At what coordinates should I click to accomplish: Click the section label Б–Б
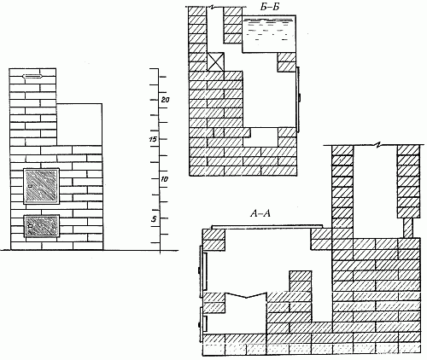(270, 7)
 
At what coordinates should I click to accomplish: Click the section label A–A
(260, 213)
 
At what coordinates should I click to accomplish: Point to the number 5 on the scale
(154, 218)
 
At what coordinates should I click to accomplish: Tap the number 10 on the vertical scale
(165, 179)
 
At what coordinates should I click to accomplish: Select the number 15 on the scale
(152, 140)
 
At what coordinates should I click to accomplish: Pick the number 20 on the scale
(166, 100)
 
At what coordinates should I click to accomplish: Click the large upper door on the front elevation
(42, 186)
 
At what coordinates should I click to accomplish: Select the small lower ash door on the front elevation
(42, 226)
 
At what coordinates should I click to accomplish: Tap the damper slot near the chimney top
(32, 76)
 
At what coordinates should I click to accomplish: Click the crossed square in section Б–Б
(215, 61)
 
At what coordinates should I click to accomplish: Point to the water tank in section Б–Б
(268, 34)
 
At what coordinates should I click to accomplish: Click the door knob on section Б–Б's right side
(300, 98)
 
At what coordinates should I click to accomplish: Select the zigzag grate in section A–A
(246, 295)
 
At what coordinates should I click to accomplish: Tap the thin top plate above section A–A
(267, 227)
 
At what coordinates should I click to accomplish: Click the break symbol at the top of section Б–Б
(211, 7)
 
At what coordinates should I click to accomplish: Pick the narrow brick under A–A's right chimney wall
(408, 228)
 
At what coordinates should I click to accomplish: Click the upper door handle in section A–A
(199, 270)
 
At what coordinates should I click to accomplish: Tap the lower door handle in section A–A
(199, 324)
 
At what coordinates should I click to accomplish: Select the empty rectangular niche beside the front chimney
(79, 125)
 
